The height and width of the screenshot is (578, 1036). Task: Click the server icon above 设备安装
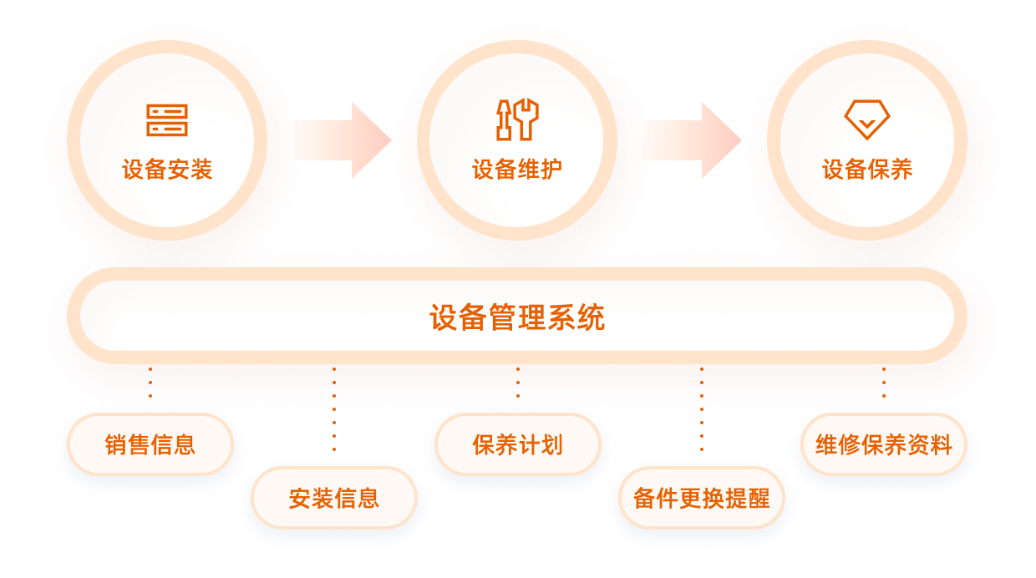tap(167, 120)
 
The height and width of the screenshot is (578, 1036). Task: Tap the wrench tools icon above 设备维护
tap(517, 120)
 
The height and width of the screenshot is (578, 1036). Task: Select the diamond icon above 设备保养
tap(866, 119)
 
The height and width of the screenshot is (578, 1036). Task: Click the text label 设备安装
tap(167, 170)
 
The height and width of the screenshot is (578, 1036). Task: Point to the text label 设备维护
tap(517, 170)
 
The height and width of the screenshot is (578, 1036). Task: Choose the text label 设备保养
tap(866, 170)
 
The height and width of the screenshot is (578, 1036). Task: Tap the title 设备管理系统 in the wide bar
tap(517, 317)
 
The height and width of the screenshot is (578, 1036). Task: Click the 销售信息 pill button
tap(150, 444)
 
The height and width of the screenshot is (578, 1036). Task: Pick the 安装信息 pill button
tap(334, 499)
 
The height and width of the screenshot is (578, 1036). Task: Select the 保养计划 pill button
tap(517, 444)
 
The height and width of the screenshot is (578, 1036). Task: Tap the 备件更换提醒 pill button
tap(701, 499)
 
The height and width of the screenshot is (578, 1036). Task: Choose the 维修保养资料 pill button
tap(883, 444)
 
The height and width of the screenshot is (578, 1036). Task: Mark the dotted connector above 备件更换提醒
tap(701, 418)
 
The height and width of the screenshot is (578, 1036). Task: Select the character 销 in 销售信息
tap(116, 444)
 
